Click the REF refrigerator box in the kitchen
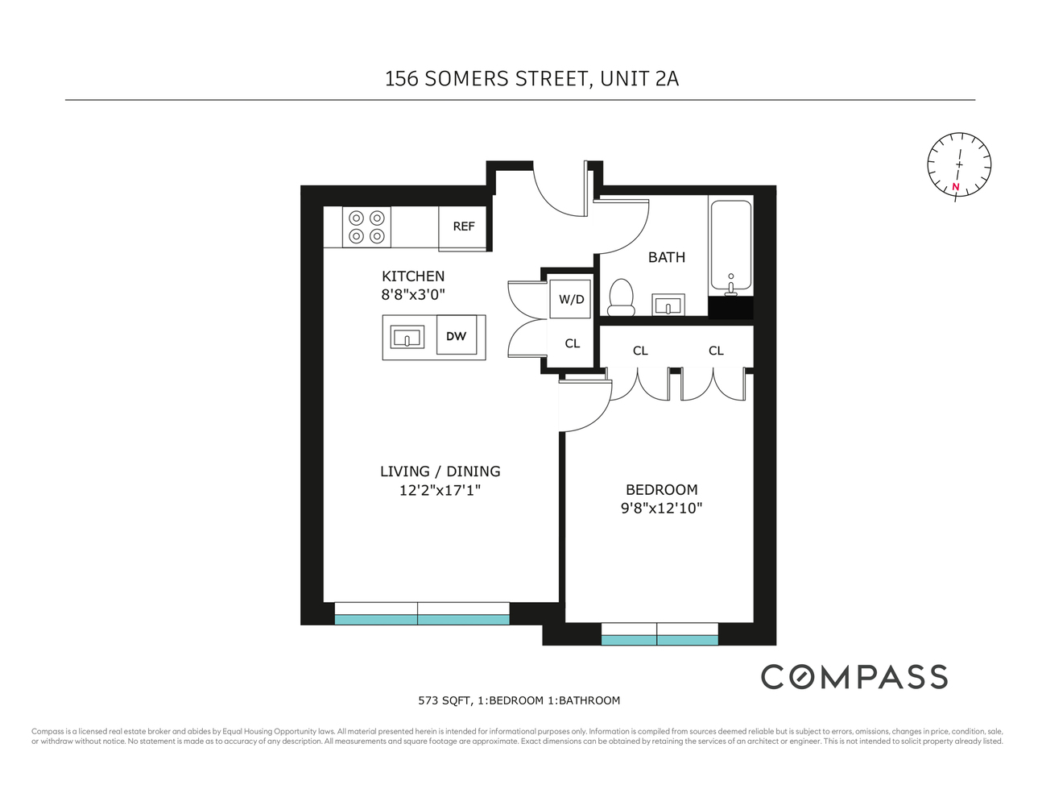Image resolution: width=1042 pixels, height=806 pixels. pyautogui.click(x=463, y=227)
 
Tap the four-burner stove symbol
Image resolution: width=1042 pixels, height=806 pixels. pyautogui.click(x=366, y=226)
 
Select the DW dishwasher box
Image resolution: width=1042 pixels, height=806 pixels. pyautogui.click(x=457, y=336)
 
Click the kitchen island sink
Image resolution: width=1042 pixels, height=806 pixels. pyautogui.click(x=407, y=337)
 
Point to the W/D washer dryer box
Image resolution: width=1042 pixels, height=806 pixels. pyautogui.click(x=571, y=299)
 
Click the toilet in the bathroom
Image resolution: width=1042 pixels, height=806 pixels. pyautogui.click(x=621, y=297)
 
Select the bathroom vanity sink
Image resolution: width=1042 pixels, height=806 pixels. pyautogui.click(x=668, y=305)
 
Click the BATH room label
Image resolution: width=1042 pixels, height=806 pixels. pyautogui.click(x=667, y=257)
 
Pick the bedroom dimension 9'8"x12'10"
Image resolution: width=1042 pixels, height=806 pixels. pyautogui.click(x=661, y=508)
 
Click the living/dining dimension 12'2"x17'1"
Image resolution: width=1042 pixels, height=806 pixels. pyautogui.click(x=440, y=490)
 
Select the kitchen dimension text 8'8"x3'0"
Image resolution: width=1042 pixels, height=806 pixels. pyautogui.click(x=413, y=294)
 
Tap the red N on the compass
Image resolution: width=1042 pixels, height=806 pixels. pyautogui.click(x=956, y=187)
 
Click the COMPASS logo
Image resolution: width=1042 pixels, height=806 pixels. pyautogui.click(x=854, y=677)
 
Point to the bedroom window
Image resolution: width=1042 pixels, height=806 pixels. pyautogui.click(x=660, y=634)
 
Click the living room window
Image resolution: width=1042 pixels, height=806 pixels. pyautogui.click(x=422, y=614)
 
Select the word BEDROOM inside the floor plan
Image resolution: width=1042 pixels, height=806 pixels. pyautogui.click(x=661, y=489)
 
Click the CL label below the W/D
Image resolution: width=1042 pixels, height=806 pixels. pyautogui.click(x=572, y=343)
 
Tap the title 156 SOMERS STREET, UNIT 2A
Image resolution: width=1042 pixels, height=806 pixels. pyautogui.click(x=531, y=79)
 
